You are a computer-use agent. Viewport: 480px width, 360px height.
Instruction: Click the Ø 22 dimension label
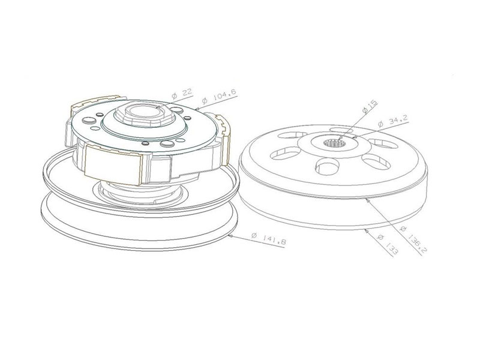pos(181,94)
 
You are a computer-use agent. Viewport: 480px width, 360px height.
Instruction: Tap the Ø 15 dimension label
pos(370,107)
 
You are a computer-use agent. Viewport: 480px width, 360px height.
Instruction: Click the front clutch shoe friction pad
pos(113,164)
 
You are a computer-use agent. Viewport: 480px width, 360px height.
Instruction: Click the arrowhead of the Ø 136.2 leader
pos(367,198)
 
